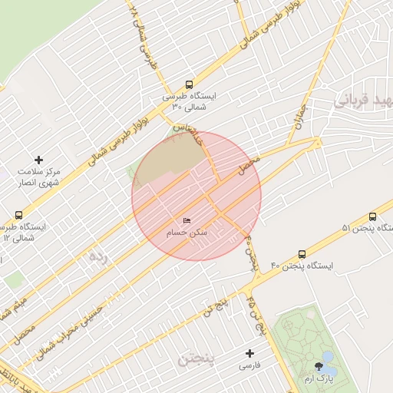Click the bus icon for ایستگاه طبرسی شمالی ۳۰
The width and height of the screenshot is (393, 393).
pyautogui.click(x=189, y=85)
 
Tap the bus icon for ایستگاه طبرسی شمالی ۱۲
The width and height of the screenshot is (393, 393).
pyautogui.click(x=18, y=216)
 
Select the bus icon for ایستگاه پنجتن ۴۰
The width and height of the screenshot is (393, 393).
pyautogui.click(x=302, y=253)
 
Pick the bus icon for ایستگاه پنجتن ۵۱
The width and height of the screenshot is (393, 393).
pyautogui.click(x=372, y=217)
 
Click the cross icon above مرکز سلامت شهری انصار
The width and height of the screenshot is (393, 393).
pyautogui.click(x=38, y=160)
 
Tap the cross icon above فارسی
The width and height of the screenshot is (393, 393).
pyautogui.click(x=249, y=354)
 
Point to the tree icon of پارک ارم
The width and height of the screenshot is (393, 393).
pyautogui.click(x=319, y=366)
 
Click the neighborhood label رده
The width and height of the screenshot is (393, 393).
pyautogui.click(x=97, y=256)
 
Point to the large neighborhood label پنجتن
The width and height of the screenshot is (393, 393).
pyautogui.click(x=197, y=358)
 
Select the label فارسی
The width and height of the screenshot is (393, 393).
pyautogui.click(x=249, y=366)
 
